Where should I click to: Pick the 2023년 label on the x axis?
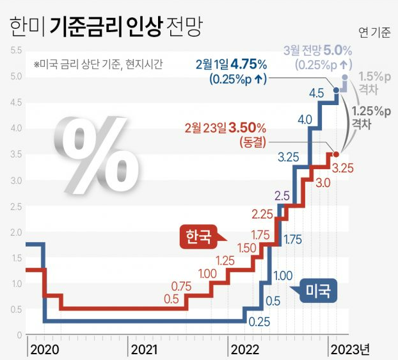(x=349, y=349)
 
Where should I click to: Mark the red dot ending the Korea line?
(x=336, y=154)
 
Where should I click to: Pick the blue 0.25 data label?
(x=259, y=321)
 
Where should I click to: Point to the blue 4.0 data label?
(x=305, y=120)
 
